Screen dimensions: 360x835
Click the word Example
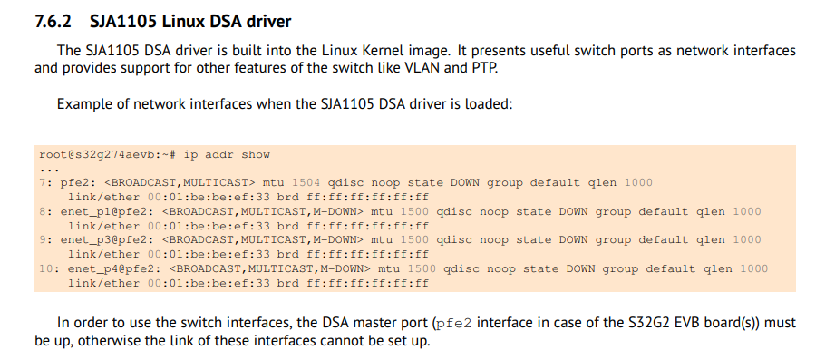click(83, 103)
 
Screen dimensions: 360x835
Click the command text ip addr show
click(227, 154)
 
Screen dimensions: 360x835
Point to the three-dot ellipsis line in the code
click(49, 169)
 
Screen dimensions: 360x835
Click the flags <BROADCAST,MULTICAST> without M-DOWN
click(180, 182)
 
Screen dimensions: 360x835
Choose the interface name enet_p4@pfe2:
click(114, 268)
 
